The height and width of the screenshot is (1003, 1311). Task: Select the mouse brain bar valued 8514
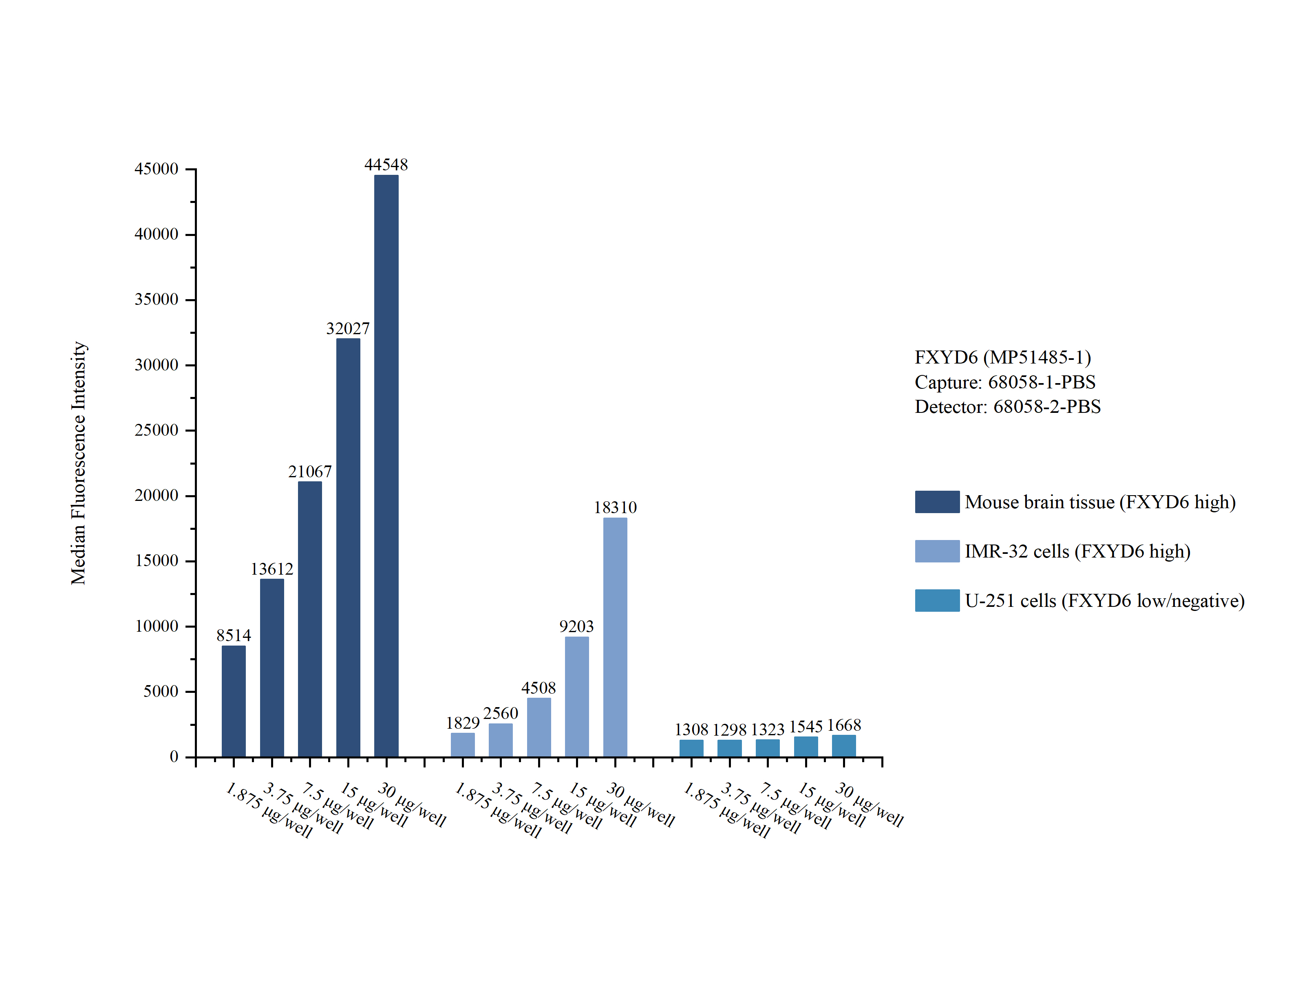click(234, 701)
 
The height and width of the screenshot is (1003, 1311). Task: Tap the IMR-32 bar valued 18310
click(614, 637)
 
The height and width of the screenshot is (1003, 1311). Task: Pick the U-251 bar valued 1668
click(843, 746)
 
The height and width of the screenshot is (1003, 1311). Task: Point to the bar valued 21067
click(310, 619)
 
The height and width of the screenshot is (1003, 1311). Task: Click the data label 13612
click(271, 569)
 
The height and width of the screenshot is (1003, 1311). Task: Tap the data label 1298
click(729, 730)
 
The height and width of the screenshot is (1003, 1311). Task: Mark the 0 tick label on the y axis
click(174, 756)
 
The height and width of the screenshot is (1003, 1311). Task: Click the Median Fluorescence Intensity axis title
click(79, 463)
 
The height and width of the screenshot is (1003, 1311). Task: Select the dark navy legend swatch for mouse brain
click(937, 501)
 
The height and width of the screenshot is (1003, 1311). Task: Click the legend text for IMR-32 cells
click(1077, 551)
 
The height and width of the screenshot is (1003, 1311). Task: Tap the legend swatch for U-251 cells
click(937, 600)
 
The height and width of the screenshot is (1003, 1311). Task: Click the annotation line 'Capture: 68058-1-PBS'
click(1005, 382)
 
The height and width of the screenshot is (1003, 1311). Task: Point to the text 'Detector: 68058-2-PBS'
click(1007, 407)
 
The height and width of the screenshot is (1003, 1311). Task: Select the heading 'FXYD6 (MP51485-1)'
click(1002, 357)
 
